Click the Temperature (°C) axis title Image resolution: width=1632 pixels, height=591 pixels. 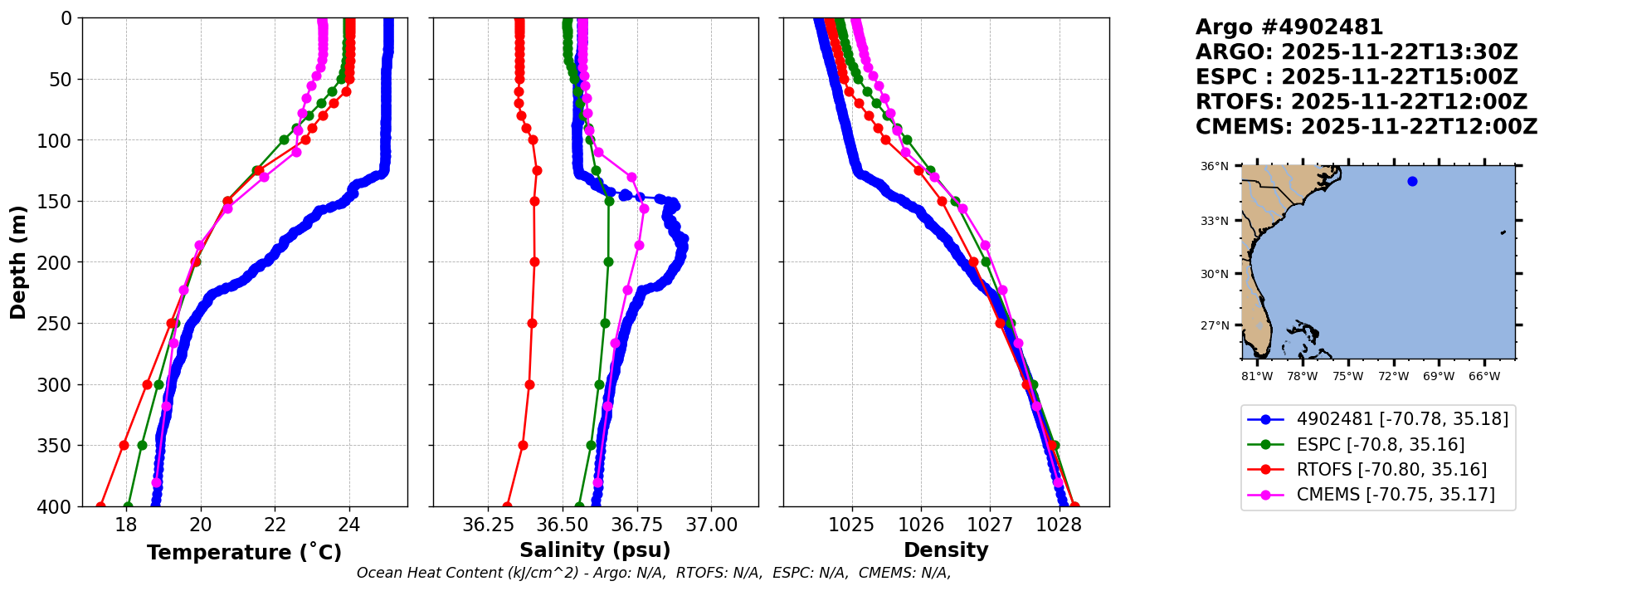[244, 552]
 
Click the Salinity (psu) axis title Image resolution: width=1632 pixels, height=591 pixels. [595, 550]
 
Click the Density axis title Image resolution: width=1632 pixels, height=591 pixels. [946, 550]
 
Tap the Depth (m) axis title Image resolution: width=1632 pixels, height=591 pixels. [18, 261]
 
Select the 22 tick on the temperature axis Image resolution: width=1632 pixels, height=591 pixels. [275, 525]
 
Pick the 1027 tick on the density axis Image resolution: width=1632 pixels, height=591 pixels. [990, 525]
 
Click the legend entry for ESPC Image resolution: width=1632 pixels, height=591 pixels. [1380, 445]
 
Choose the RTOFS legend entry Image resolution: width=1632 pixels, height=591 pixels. [1391, 470]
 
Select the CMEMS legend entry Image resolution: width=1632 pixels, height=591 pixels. [1395, 495]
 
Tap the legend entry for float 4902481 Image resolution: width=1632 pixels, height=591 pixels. [1401, 419]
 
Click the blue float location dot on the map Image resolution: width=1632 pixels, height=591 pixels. [1412, 181]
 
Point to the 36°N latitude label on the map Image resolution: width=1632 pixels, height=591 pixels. [1215, 167]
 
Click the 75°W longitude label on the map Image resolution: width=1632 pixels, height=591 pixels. [1347, 377]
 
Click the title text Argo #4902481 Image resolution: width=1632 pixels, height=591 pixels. [1289, 27]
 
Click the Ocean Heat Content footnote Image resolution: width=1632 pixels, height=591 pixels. [653, 573]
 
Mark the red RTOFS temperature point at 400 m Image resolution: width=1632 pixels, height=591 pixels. [100, 506]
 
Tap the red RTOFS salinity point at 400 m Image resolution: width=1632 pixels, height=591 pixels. [507, 506]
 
